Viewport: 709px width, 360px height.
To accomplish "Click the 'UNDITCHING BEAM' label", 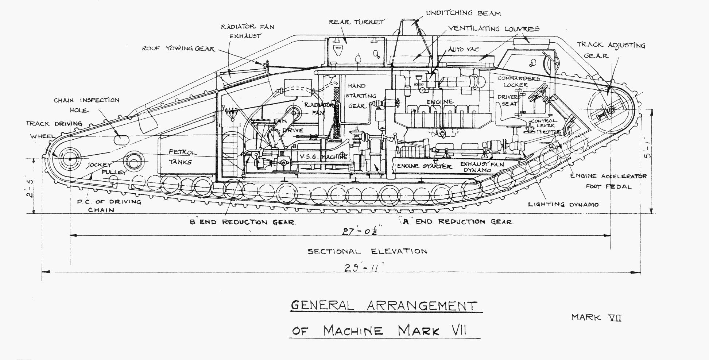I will pyautogui.click(x=463, y=13).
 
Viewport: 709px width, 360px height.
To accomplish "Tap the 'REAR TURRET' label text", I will pyautogui.click(x=356, y=22).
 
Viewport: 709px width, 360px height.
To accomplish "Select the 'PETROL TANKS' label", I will pyautogui.click(x=182, y=157).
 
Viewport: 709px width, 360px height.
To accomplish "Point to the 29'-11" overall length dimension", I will pyautogui.click(x=361, y=268).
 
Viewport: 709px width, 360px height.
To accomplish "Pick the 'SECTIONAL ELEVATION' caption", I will pyautogui.click(x=367, y=251).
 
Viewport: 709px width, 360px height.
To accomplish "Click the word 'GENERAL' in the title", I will pyautogui.click(x=322, y=305).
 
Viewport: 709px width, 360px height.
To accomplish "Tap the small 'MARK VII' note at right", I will pyautogui.click(x=596, y=317).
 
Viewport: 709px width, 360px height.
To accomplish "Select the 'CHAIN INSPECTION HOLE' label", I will pyautogui.click(x=86, y=105).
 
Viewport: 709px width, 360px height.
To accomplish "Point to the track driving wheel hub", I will pyautogui.click(x=69, y=159).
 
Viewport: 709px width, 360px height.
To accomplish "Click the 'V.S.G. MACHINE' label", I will pyautogui.click(x=323, y=156).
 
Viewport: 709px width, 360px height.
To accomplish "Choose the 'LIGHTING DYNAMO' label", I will pyautogui.click(x=563, y=204).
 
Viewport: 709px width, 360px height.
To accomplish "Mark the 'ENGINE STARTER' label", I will pyautogui.click(x=424, y=166).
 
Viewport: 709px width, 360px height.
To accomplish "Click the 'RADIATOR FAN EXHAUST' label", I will pyautogui.click(x=247, y=31).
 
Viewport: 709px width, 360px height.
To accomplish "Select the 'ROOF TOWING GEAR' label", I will pyautogui.click(x=178, y=49).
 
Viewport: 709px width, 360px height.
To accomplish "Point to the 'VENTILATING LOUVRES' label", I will pyautogui.click(x=493, y=28).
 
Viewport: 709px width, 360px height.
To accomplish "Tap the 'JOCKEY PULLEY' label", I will pyautogui.click(x=106, y=169).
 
